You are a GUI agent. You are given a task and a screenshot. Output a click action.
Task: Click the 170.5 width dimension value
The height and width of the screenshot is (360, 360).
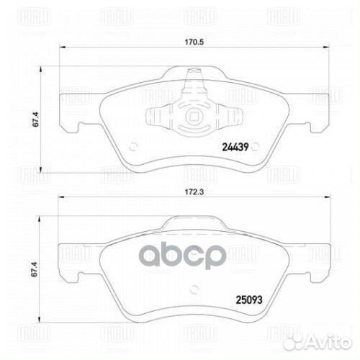click(190, 42)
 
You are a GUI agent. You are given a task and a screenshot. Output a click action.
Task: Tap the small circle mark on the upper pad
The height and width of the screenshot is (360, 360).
click(132, 144)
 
